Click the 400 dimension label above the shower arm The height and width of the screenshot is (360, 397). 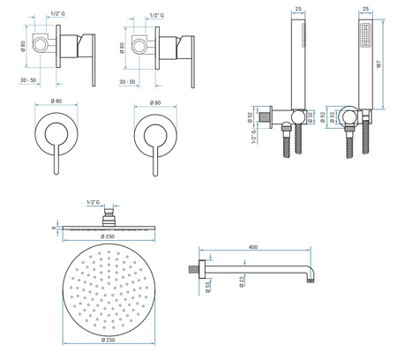253,247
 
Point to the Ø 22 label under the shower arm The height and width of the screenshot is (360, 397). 242,281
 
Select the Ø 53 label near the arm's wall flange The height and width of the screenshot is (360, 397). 208,287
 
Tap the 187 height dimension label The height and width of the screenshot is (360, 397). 378,64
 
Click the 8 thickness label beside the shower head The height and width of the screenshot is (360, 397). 54,228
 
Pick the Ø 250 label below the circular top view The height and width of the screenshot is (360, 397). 109,340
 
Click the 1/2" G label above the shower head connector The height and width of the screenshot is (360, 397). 94,202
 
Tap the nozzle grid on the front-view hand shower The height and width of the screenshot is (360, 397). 365,35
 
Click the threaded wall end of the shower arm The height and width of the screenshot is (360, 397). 193,269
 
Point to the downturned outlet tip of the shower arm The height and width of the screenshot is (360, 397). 311,281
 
